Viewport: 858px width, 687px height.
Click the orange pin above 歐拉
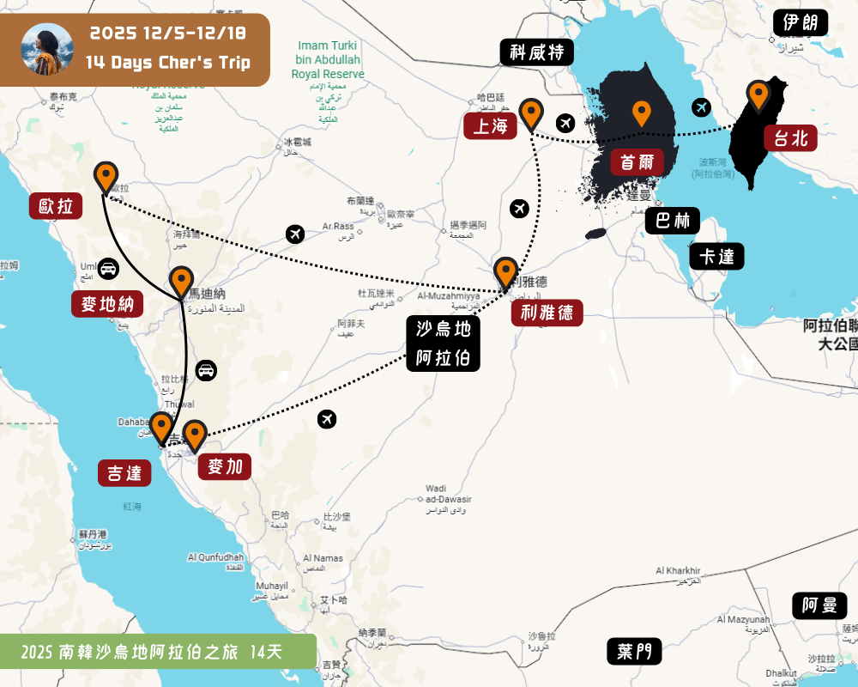(106, 176)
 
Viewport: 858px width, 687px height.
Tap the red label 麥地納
(107, 304)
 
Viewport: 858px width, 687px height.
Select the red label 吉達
(124, 472)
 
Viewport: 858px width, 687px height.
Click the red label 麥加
(225, 466)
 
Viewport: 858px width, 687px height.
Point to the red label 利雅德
(547, 312)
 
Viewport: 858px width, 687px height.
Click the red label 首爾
(637, 161)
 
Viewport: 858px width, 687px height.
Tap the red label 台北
(790, 137)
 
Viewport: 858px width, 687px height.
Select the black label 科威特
(536, 52)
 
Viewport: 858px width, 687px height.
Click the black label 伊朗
(801, 21)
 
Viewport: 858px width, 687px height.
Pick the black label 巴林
(673, 221)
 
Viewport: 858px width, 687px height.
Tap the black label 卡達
(716, 256)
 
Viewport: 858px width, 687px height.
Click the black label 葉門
(634, 651)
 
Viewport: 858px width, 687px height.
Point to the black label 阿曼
(819, 605)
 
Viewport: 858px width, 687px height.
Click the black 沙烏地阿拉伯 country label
(443, 343)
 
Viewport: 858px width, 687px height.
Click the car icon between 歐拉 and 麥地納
(109, 268)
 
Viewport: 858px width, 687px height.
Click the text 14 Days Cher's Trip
(168, 62)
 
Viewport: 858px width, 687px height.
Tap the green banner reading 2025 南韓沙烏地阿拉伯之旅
(158, 652)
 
